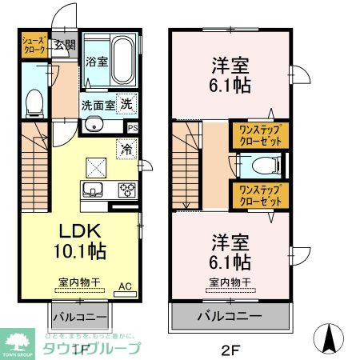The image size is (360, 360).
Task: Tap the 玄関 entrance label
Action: (x=65, y=45)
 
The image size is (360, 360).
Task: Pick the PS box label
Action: (x=132, y=127)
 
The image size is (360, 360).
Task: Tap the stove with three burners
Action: (x=126, y=190)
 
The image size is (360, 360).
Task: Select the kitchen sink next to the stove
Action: (x=91, y=190)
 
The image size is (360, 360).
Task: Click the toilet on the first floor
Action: (x=34, y=102)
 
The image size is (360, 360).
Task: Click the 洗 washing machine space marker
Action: (x=126, y=103)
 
